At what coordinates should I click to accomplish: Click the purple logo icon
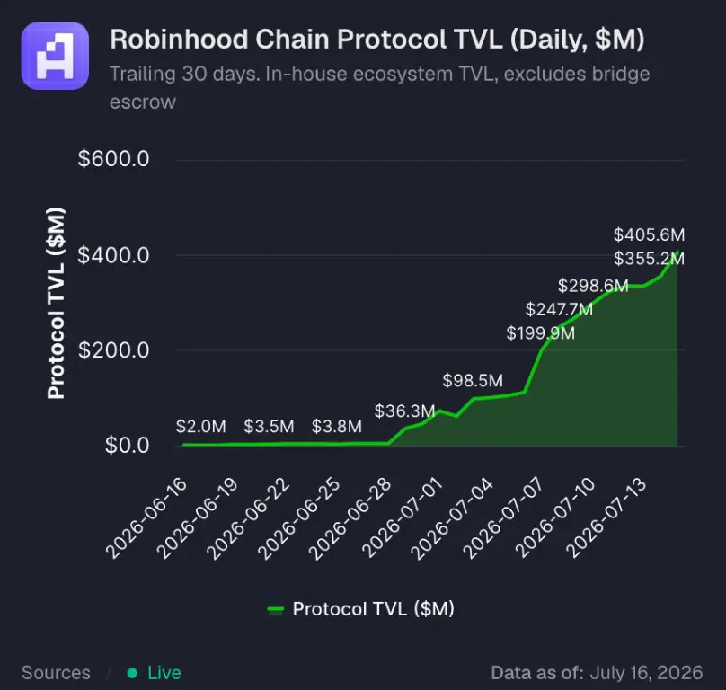[55, 56]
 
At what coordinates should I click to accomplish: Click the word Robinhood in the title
[179, 39]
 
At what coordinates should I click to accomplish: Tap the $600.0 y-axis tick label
[113, 159]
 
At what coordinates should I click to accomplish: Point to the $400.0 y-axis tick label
[113, 255]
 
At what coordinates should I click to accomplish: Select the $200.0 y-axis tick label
[113, 350]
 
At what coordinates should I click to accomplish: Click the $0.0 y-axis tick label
[127, 445]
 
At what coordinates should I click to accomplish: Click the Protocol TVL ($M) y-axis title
[56, 304]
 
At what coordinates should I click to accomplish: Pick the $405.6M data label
[649, 234]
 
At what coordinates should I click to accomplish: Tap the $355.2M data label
[649, 259]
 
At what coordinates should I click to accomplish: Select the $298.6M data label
[593, 286]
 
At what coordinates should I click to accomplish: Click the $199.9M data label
[540, 333]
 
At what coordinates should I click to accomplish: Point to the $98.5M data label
[473, 381]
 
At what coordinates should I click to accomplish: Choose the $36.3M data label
[404, 411]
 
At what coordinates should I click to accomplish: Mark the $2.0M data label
[201, 427]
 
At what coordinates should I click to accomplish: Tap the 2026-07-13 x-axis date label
[606, 517]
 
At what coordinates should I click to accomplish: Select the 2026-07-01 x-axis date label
[403, 517]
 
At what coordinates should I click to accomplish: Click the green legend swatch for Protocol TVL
[276, 610]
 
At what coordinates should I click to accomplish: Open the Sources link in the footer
[56, 673]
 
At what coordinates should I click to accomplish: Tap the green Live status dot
[132, 673]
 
